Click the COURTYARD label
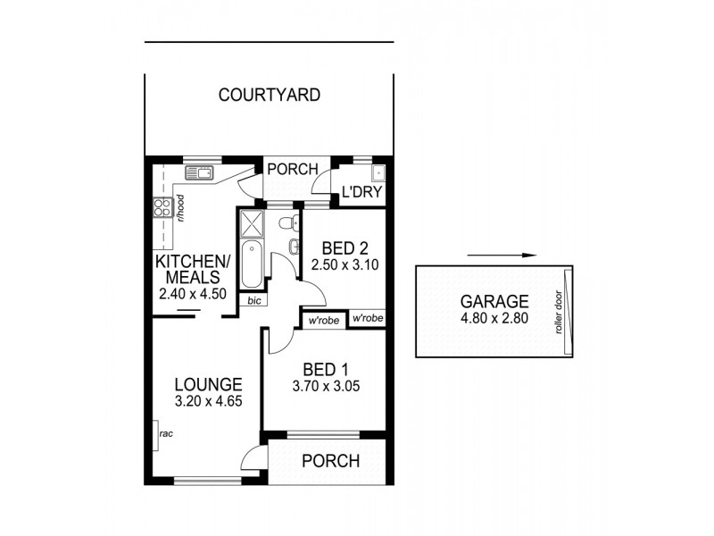270,95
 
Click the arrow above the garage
501,255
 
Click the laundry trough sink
378,173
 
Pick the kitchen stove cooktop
162,208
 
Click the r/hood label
180,208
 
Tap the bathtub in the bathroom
251,263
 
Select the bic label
253,301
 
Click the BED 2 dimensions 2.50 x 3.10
339,265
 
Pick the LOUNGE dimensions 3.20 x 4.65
205,403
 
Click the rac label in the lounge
165,434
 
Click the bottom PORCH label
330,462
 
